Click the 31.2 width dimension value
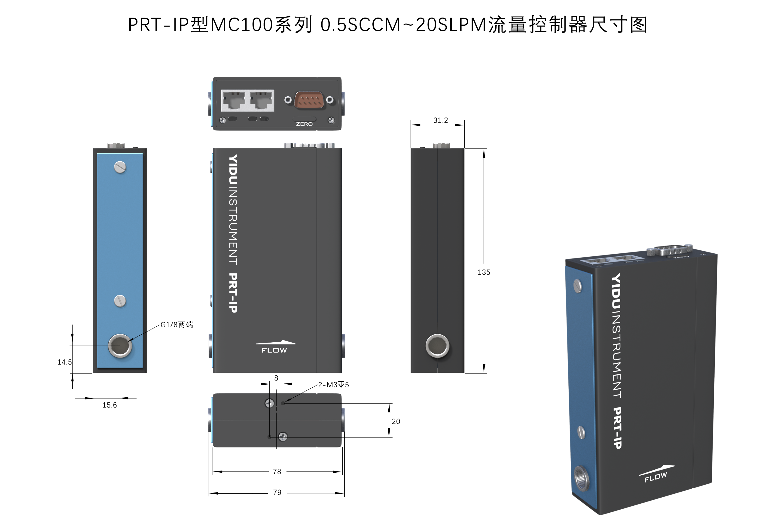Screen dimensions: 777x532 (440, 120)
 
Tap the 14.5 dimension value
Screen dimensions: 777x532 (64, 362)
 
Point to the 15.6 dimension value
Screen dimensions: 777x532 (110, 405)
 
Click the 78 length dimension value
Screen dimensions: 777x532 (277, 471)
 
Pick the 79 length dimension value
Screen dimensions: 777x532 (277, 492)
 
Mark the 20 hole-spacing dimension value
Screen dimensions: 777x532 (396, 422)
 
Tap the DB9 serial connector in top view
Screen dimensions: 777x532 (309, 100)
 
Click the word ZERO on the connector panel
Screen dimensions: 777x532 (304, 124)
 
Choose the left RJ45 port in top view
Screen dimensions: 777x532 (234, 100)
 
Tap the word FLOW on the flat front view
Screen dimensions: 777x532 (274, 350)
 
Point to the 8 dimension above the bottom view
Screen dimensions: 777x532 (276, 378)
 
